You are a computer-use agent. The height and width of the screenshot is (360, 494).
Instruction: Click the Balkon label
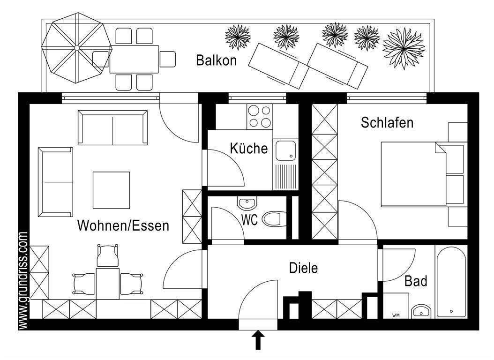pyautogui.click(x=216, y=60)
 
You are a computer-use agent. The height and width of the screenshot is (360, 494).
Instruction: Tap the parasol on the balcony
pyautogui.click(x=76, y=48)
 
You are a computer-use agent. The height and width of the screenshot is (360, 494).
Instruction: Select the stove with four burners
pyautogui.click(x=259, y=116)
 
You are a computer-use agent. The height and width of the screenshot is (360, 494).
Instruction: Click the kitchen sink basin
pyautogui.click(x=284, y=150)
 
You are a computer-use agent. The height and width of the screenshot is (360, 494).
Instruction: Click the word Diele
pyautogui.click(x=303, y=269)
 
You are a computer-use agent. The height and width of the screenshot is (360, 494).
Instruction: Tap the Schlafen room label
pyautogui.click(x=387, y=123)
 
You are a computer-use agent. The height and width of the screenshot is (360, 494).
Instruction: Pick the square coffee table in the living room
pyautogui.click(x=111, y=190)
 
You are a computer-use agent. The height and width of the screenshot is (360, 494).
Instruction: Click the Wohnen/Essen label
pyautogui.click(x=123, y=226)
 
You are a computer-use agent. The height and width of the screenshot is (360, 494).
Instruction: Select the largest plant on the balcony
pyautogui.click(x=404, y=48)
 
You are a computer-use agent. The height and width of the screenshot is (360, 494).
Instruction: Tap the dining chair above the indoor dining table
pyautogui.click(x=107, y=255)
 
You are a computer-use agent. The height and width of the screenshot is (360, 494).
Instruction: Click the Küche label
pyautogui.click(x=248, y=149)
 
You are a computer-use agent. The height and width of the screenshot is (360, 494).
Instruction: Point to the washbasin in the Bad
pyautogui.click(x=421, y=311)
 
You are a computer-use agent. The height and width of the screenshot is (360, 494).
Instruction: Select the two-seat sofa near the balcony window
pyautogui.click(x=112, y=127)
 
